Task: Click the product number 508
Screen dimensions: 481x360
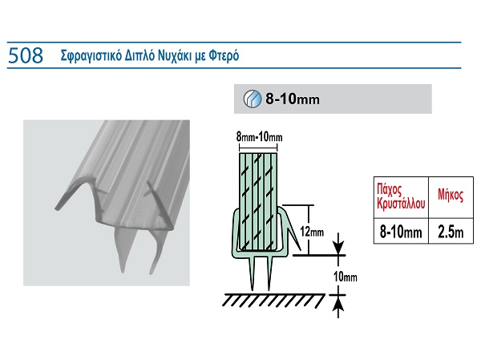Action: (26, 55)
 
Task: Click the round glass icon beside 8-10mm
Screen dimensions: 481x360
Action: (253, 99)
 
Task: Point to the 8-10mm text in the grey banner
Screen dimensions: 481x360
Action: (293, 99)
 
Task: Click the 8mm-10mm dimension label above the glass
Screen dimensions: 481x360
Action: (259, 136)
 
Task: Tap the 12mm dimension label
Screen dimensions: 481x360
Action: (312, 232)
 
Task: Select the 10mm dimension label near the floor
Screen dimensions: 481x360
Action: (346, 277)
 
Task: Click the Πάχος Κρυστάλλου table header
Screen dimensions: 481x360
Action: (401, 196)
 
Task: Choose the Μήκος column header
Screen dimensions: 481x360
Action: (451, 195)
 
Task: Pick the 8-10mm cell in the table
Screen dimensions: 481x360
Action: (401, 232)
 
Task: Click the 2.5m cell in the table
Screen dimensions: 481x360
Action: (451, 232)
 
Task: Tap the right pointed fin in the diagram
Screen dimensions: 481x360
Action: (269, 273)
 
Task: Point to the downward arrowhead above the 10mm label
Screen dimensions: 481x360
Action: (338, 248)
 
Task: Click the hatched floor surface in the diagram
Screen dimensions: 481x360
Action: (273, 300)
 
